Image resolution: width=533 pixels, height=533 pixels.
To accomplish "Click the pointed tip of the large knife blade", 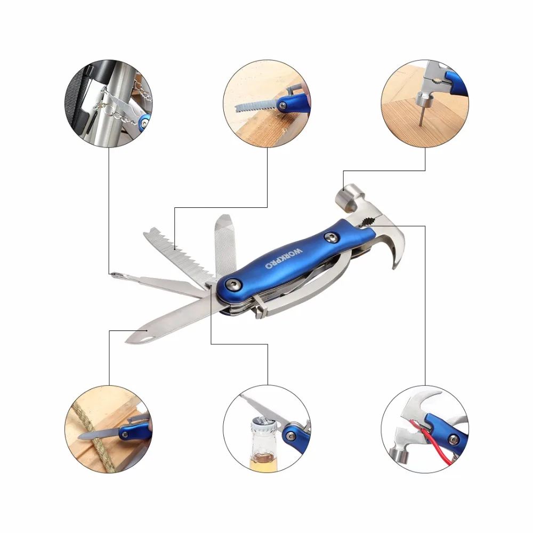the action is [126, 341].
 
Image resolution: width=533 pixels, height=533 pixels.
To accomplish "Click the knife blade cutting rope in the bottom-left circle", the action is [99, 434].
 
